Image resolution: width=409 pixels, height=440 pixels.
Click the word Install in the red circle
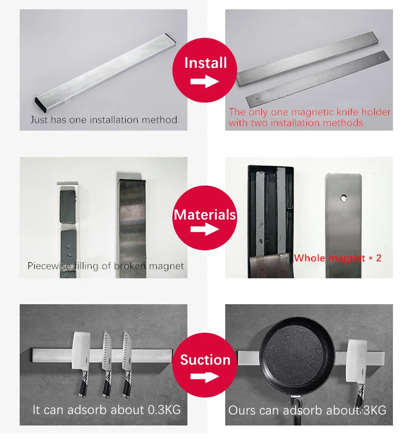pos(206,63)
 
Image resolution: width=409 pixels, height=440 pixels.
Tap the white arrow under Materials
pos(204,229)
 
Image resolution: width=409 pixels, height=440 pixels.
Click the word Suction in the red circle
pos(205,360)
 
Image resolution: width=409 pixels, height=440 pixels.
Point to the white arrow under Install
pos(204,82)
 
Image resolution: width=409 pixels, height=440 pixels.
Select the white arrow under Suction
pos(204,377)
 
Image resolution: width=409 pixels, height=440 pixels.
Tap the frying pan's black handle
pos(296,410)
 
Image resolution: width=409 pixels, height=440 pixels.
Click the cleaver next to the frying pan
pos(357,373)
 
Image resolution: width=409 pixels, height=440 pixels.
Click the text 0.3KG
pos(164,410)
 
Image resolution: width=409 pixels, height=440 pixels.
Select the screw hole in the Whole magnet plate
pos(343,197)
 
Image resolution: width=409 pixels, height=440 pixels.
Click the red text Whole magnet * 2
pos(338,258)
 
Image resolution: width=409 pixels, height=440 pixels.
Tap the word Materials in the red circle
pos(205,215)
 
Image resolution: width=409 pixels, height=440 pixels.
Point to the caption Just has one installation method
pos(104,120)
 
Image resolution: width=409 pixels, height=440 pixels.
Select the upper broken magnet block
pos(68,205)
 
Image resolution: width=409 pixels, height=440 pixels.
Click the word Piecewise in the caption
pos(49,266)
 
